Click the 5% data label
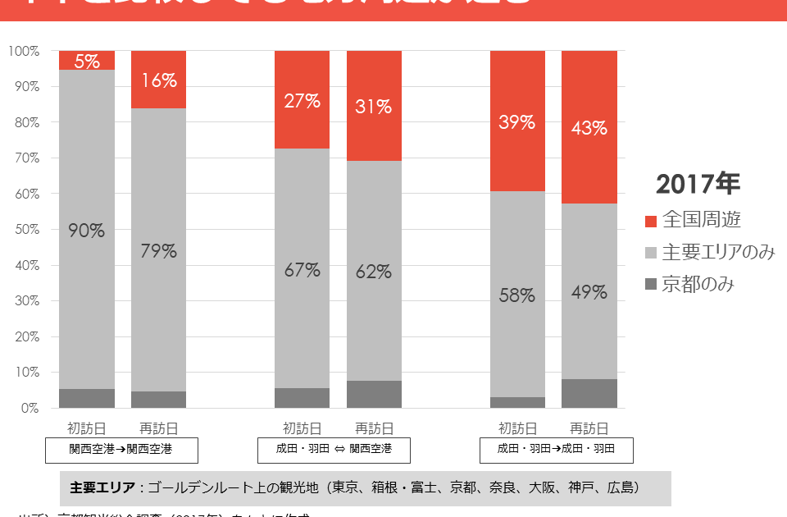pos(87,61)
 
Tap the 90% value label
pos(86,231)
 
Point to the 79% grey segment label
pos(158,251)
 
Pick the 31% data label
pos(374,107)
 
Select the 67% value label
pos(302,270)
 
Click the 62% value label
pos(374,272)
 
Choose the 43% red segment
pos(589,128)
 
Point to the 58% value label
pos(517,295)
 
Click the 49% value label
pos(589,292)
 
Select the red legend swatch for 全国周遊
pos(651,221)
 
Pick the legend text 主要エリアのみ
pos(718,253)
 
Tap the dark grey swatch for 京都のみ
pos(651,285)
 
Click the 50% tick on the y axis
pos(24,230)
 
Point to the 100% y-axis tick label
pos(24,51)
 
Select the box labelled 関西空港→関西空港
pos(121,449)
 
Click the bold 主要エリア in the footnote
pos(102,487)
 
